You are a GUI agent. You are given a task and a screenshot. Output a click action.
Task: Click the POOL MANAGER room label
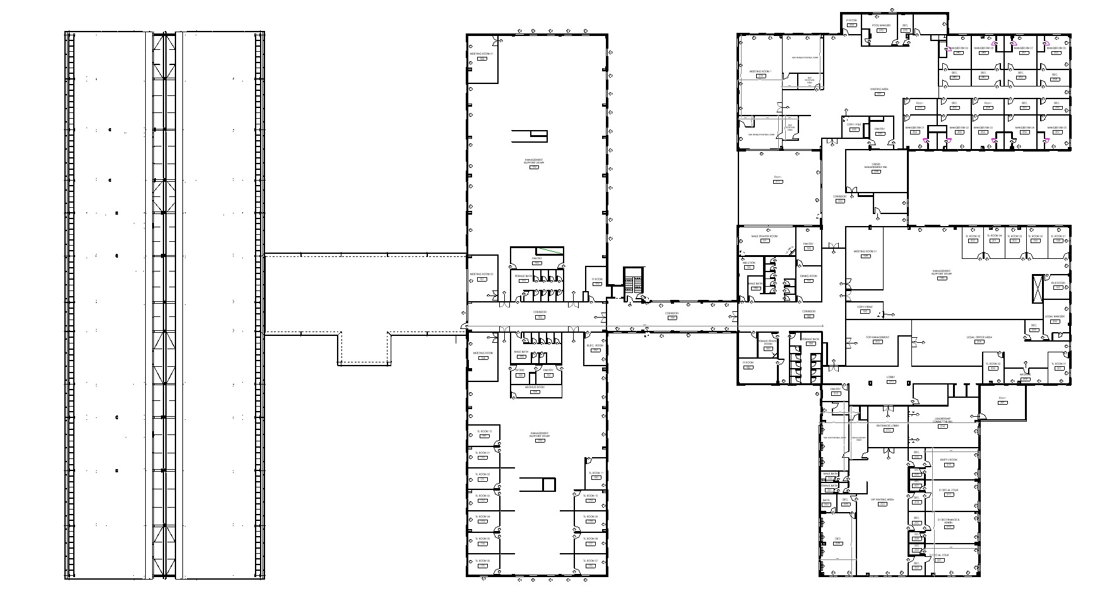point(880,25)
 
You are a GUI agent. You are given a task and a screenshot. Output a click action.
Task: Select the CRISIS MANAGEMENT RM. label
point(875,167)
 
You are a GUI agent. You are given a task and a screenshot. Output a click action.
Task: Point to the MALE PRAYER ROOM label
point(764,236)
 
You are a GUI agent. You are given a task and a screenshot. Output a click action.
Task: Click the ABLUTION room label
point(749,263)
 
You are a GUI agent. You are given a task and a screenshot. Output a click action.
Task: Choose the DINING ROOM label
point(808,276)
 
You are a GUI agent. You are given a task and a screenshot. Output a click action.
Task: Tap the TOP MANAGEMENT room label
point(877,337)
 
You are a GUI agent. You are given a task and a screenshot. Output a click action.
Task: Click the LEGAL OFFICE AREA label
point(980,337)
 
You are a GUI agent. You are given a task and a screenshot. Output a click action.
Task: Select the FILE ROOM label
point(1058,283)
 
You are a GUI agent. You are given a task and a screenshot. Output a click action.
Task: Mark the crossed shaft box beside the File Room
point(1038,289)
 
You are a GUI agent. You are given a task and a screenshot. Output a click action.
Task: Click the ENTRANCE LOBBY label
point(887,426)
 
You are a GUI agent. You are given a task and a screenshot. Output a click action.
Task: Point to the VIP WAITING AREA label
point(882,499)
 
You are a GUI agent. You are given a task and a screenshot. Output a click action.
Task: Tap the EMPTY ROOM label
point(949,460)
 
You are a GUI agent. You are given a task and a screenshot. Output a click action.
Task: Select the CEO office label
point(838,539)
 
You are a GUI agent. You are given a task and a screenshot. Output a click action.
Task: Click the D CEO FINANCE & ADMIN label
point(949,522)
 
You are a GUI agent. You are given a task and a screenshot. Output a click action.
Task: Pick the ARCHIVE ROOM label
point(535,387)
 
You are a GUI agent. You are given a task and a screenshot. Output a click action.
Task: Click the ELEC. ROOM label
point(595,345)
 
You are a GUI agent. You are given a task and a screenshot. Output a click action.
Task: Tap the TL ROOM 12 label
point(483,431)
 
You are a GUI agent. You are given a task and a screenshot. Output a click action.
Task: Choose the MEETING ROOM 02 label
point(481,274)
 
